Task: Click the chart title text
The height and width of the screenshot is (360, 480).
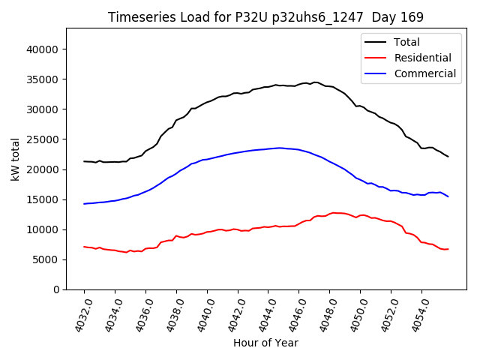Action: (x=265, y=17)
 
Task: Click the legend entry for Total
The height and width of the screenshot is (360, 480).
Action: (x=406, y=42)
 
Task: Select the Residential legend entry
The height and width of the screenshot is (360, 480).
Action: (x=422, y=58)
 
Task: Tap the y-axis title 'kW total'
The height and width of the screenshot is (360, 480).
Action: (x=16, y=159)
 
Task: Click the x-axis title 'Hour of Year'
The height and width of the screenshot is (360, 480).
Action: (x=265, y=343)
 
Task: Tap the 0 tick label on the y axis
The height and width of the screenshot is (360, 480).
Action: (x=56, y=289)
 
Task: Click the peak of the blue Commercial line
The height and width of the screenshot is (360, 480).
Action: (x=280, y=148)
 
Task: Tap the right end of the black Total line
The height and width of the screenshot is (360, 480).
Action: (x=448, y=156)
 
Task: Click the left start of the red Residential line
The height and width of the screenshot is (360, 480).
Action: (x=84, y=247)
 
